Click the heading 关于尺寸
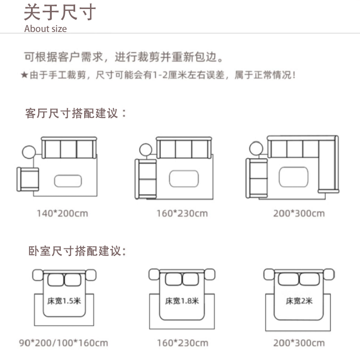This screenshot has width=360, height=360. coord(59,12)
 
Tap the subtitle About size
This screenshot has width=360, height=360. coord(45,29)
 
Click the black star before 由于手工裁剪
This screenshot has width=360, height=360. coord(24,75)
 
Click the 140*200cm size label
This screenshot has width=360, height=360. coord(62,213)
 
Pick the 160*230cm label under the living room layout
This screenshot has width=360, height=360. coord(182,213)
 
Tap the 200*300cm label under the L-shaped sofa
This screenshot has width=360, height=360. coord(298,213)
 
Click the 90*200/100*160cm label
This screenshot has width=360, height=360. coord(63,343)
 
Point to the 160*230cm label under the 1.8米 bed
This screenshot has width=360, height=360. coord(182,343)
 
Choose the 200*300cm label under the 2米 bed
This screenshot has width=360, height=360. coord(298,343)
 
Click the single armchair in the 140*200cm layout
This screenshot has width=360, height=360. coord(28,180)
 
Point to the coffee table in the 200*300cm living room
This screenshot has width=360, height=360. coord(293,176)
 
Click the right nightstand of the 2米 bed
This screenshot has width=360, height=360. coord(329,274)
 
